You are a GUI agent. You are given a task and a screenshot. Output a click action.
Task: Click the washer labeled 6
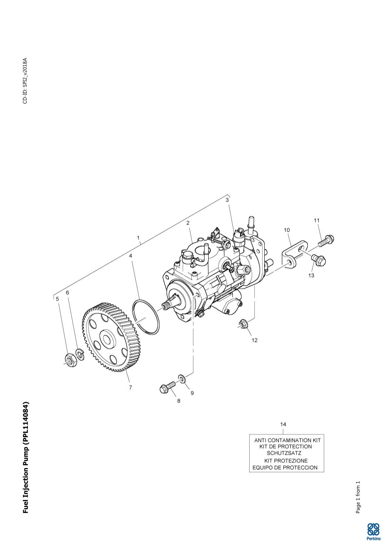(x=80, y=354)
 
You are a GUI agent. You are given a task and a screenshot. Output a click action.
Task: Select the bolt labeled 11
(x=325, y=240)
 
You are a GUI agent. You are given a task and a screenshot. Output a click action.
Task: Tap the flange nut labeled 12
(x=243, y=325)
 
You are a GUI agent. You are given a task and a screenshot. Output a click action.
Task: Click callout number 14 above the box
(x=283, y=424)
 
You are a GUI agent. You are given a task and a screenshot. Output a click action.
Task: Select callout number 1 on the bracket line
(x=138, y=237)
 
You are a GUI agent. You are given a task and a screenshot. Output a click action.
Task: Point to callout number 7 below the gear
(x=130, y=387)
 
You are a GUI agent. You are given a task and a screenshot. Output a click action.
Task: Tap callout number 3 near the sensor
(x=227, y=200)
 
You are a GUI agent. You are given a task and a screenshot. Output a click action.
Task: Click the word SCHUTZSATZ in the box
(x=284, y=453)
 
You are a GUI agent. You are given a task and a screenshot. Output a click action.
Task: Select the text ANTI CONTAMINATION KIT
(x=287, y=440)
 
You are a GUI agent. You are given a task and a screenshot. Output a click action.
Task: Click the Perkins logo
(x=373, y=531)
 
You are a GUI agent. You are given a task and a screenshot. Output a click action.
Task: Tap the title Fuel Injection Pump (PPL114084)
(x=26, y=457)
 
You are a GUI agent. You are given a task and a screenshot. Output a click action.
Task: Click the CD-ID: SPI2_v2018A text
(x=25, y=81)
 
